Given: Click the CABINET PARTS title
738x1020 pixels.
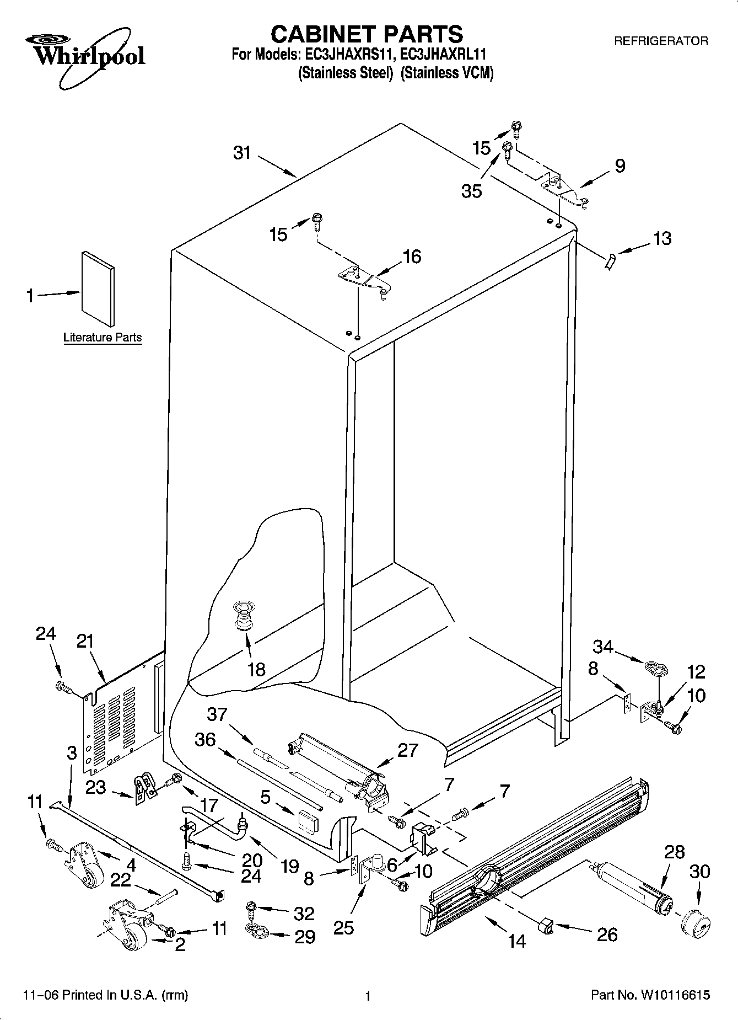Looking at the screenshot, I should pyautogui.click(x=367, y=34).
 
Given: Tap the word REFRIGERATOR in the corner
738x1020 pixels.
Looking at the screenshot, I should pyautogui.click(x=661, y=41).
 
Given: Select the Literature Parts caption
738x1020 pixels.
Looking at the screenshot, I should pyautogui.click(x=103, y=338).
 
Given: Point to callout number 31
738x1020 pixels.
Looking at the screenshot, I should pyautogui.click(x=242, y=153).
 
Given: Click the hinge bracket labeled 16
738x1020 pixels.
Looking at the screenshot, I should pyautogui.click(x=364, y=281).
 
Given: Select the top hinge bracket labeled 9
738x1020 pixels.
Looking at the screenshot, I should pyautogui.click(x=565, y=190).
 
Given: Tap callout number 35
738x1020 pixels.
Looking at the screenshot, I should pyautogui.click(x=472, y=191).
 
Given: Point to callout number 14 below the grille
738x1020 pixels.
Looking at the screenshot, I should pyautogui.click(x=517, y=941).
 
